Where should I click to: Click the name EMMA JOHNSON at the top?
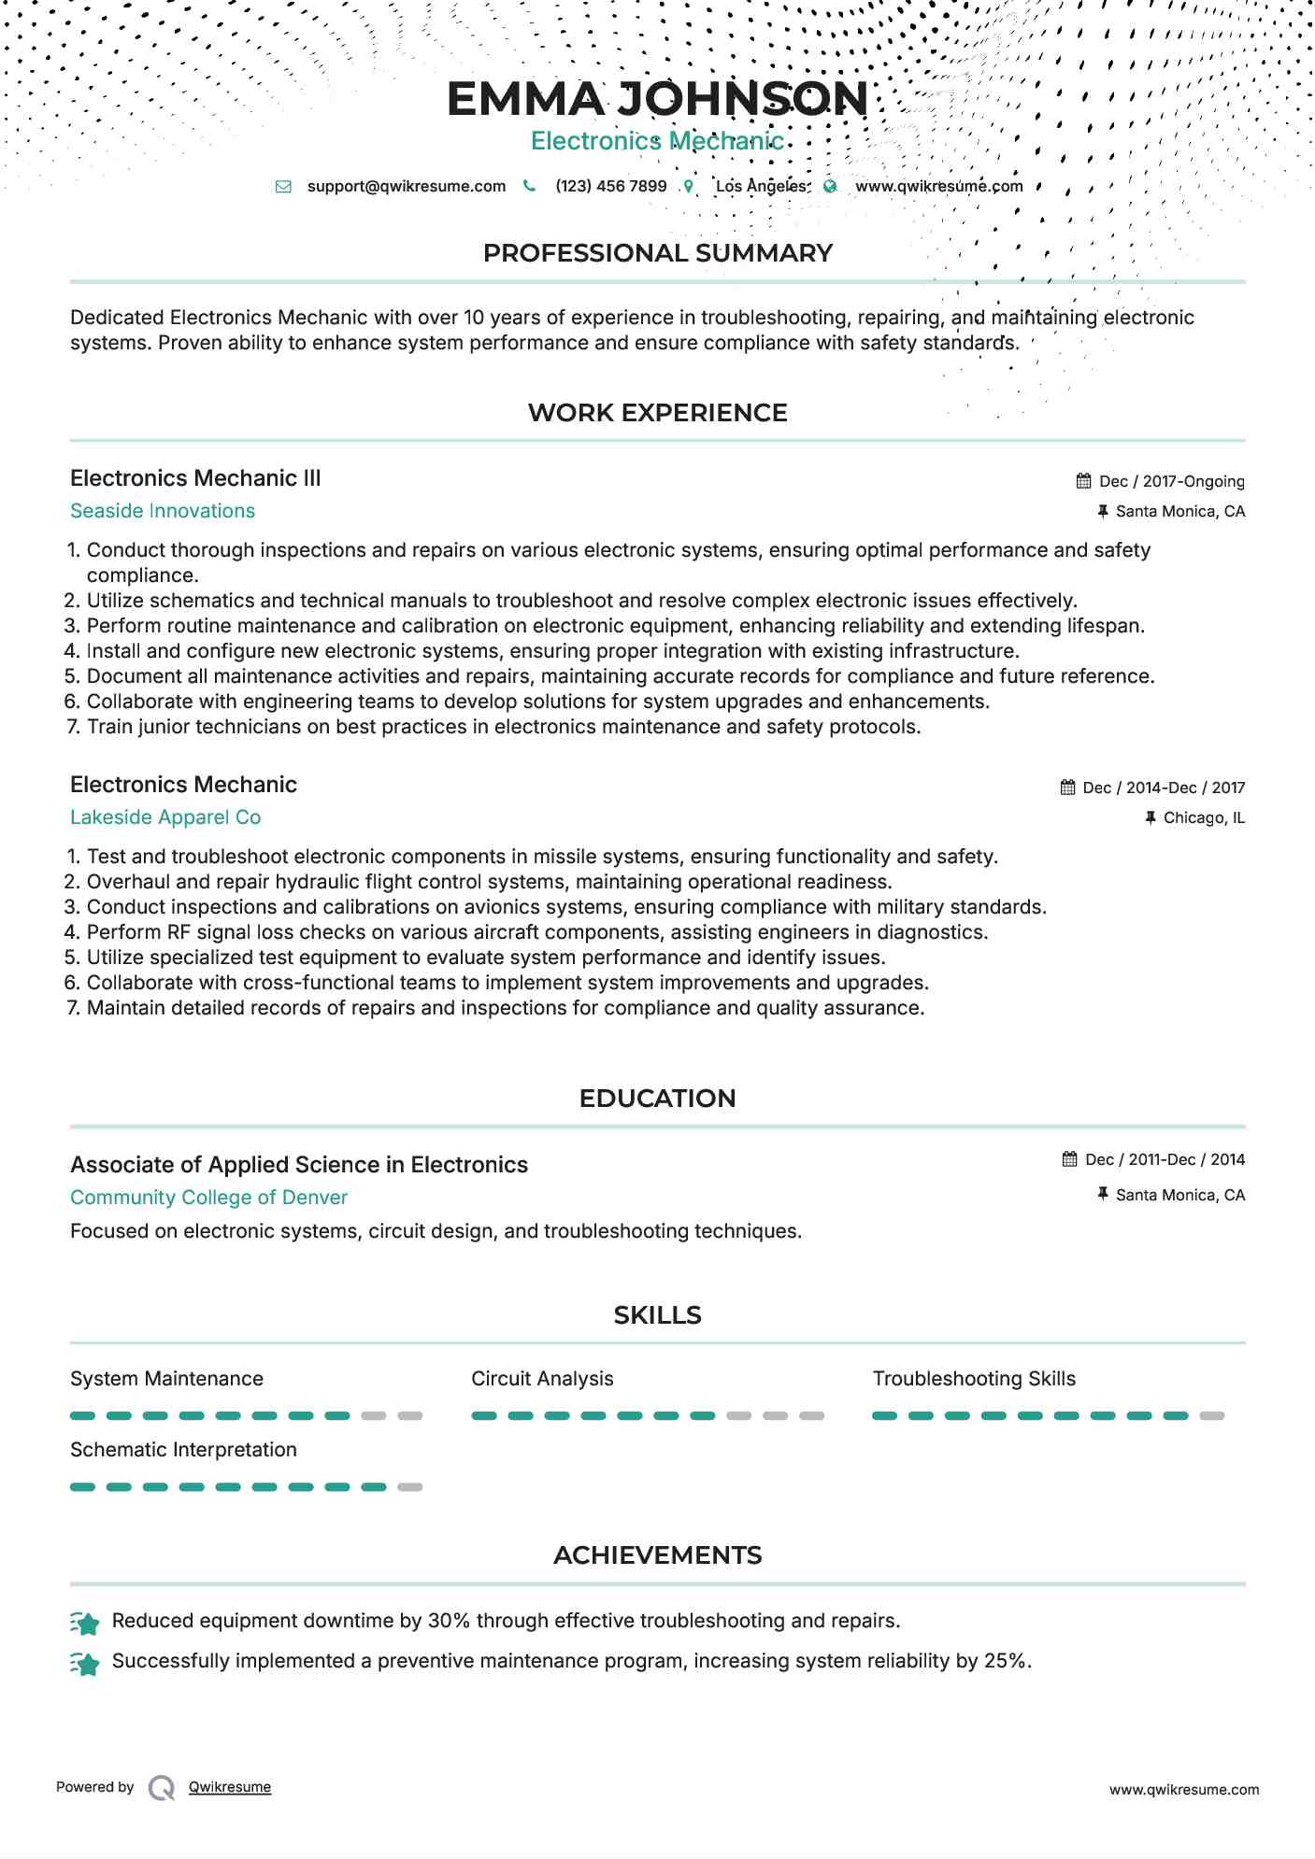point(657,99)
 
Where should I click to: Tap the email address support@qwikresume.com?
point(406,186)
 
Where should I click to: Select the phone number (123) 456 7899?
point(610,186)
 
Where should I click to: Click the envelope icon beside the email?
point(283,187)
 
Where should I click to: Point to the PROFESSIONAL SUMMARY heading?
point(657,253)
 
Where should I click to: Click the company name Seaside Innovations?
point(163,511)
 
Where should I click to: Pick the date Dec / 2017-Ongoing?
point(1171,481)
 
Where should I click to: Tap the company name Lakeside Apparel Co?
point(165,817)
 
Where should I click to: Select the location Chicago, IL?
point(1204,817)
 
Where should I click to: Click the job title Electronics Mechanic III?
point(195,478)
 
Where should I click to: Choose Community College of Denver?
point(208,1198)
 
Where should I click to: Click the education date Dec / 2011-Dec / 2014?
point(1165,1159)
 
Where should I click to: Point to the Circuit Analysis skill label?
point(542,1379)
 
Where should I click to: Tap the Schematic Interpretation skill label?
point(183,1450)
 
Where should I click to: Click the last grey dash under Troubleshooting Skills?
point(1211,1416)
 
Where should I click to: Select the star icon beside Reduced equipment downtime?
point(85,1624)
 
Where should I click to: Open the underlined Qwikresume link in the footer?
point(230,1787)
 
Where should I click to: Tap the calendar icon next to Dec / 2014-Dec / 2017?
point(1067,788)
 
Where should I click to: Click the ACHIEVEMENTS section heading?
point(657,1555)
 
